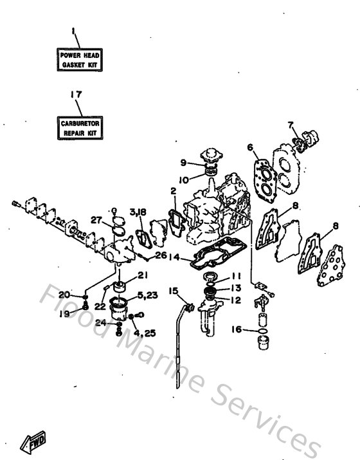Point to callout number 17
pos(76,95)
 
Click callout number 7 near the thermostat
pos(291,124)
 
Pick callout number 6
pos(250,147)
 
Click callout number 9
pos(183,162)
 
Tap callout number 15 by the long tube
pos(173,291)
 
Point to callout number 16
pos(237,329)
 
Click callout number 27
pos(96,219)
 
